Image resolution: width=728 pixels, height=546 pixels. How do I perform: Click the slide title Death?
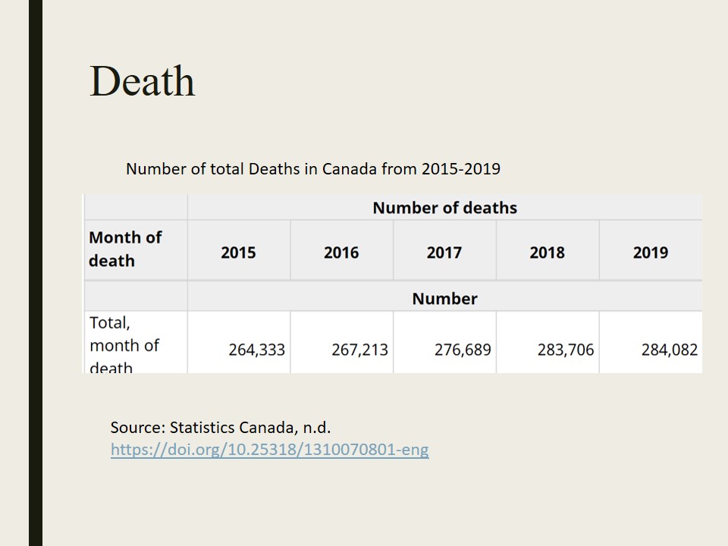(142, 81)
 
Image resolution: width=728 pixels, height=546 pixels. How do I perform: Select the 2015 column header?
(238, 253)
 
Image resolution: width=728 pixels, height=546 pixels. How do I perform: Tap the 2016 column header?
(341, 253)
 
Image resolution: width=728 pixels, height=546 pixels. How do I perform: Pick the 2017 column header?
(444, 253)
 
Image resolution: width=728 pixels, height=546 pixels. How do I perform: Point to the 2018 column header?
(548, 253)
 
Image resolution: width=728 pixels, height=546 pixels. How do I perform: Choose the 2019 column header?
(651, 253)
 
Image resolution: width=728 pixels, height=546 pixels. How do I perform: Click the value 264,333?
(256, 350)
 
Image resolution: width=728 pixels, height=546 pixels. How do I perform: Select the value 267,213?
(359, 350)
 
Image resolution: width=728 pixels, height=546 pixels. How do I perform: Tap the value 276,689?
(463, 350)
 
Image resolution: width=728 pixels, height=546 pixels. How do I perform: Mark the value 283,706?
(566, 350)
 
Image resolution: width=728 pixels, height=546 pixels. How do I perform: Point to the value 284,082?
(669, 350)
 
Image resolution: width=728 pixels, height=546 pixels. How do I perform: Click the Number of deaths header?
(444, 208)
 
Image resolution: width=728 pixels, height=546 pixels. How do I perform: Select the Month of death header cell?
(125, 249)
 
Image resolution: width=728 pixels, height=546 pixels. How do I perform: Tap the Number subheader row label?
(444, 299)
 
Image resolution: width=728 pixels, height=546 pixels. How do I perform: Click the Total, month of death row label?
(124, 345)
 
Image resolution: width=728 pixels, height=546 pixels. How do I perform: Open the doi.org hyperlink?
(269, 450)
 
